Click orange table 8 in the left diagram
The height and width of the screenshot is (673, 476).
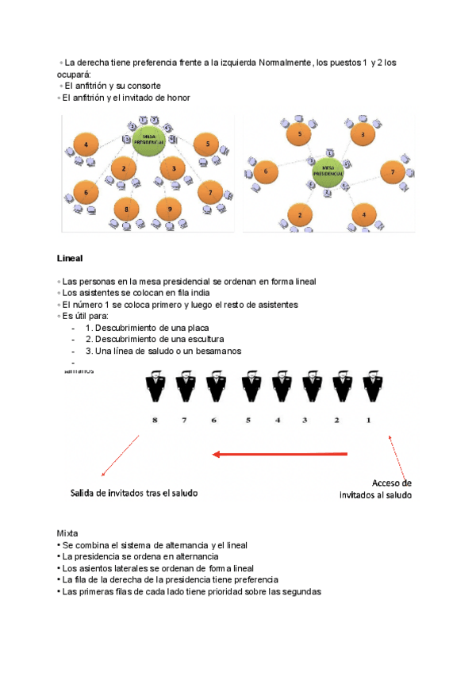click(x=126, y=210)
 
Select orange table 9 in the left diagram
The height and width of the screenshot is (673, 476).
click(x=165, y=209)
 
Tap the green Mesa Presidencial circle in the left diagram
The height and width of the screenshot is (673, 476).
click(x=148, y=138)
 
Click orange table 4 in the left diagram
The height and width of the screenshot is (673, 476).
click(x=86, y=144)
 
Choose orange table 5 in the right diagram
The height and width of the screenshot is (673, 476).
click(x=299, y=135)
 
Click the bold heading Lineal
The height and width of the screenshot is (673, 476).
click(x=71, y=259)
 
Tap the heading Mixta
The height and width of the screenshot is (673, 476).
click(x=67, y=533)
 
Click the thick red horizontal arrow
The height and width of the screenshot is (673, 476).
click(x=281, y=455)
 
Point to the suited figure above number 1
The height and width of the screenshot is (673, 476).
click(x=370, y=386)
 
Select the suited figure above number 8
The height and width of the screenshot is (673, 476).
click(x=155, y=386)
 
